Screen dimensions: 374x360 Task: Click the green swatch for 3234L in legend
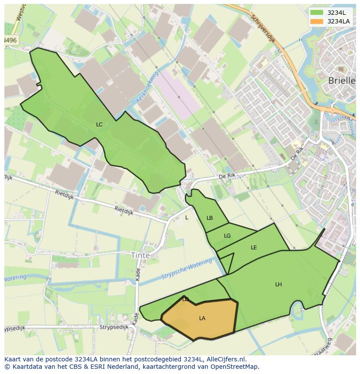point(317,13)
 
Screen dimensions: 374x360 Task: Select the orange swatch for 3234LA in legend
point(317,21)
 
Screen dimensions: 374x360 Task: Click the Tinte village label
point(140,255)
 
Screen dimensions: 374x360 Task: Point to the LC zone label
point(99,125)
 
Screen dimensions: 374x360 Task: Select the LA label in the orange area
point(202,318)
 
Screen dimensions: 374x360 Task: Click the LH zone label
point(278,285)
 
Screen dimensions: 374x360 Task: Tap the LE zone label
point(254,248)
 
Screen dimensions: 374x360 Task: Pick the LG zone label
point(227,236)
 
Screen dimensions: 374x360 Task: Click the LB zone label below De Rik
point(210,218)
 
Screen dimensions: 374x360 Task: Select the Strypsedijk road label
point(114,327)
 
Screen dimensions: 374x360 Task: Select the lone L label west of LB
point(187,218)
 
